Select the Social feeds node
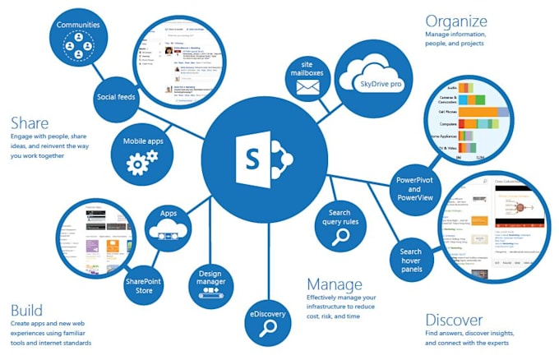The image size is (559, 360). [117, 96]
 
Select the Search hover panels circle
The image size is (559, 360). [410, 258]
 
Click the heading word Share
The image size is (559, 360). [30, 122]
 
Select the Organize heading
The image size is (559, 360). [455, 21]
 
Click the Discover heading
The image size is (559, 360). [454, 319]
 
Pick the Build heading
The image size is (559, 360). [26, 310]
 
